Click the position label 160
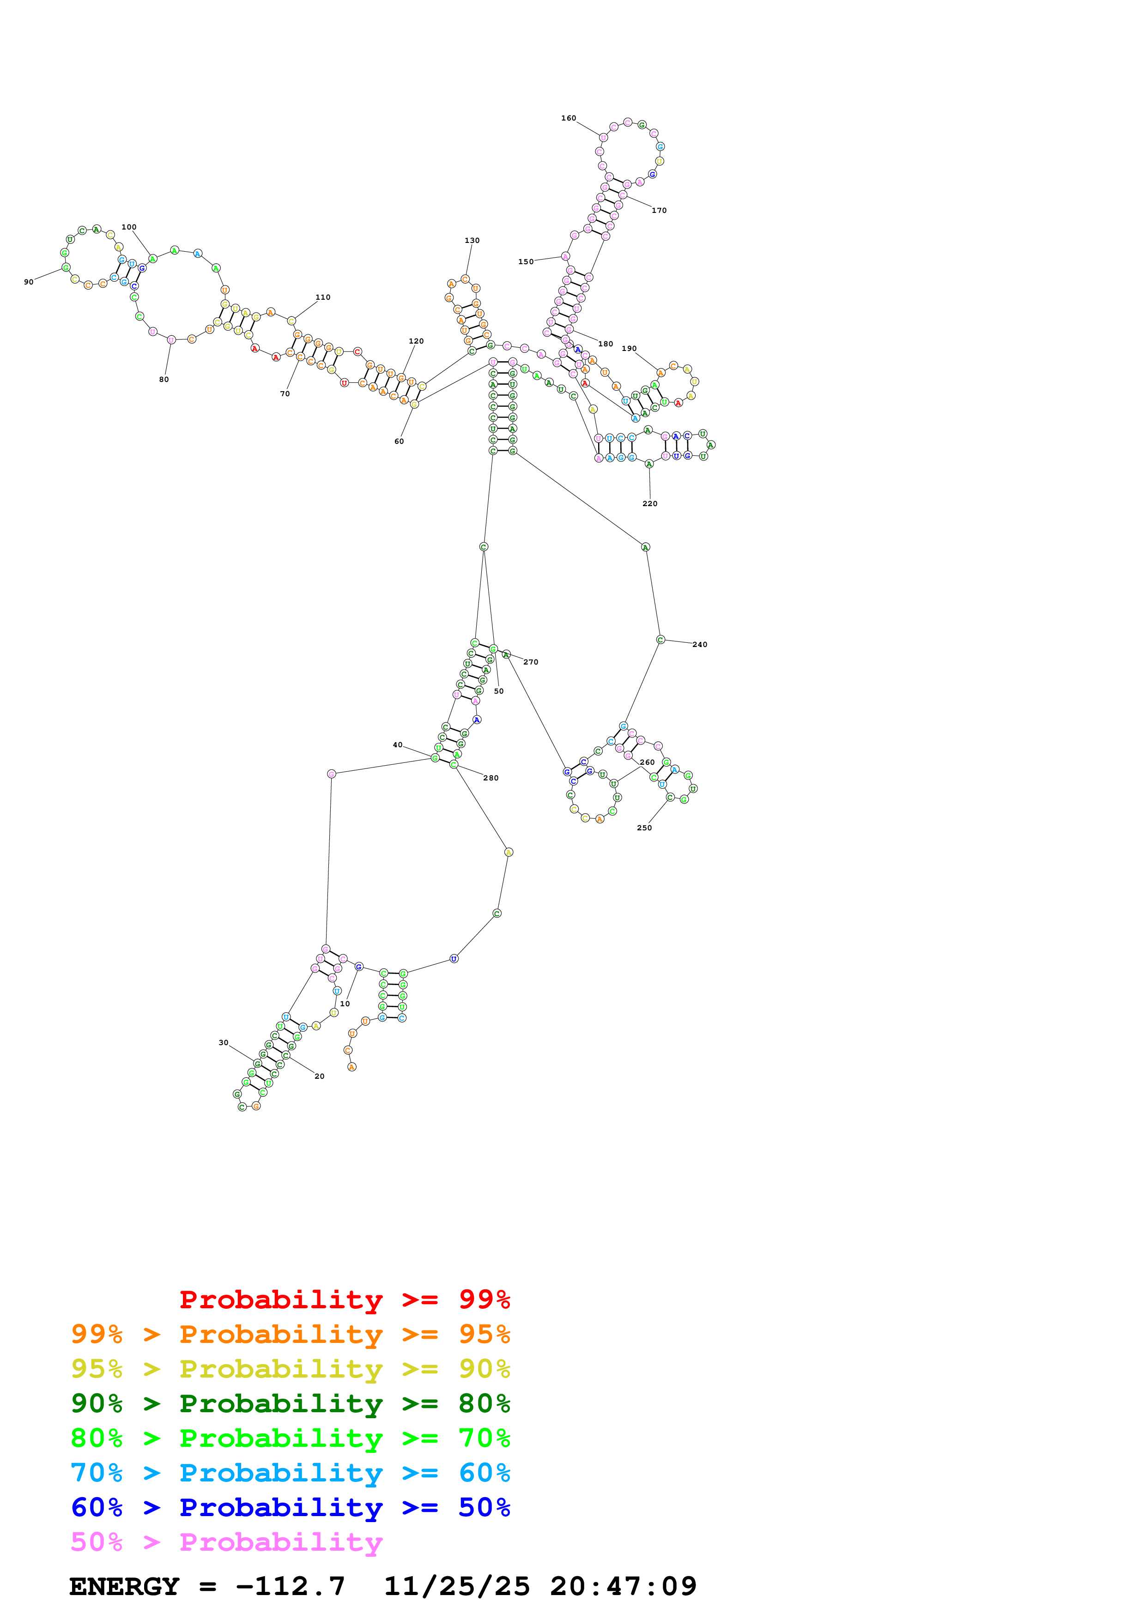[x=568, y=118]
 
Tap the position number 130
[x=472, y=241]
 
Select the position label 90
[x=28, y=282]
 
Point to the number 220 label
[x=650, y=504]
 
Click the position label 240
[x=700, y=645]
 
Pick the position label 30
[x=223, y=1042]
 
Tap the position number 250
[x=644, y=828]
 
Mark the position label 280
[x=491, y=778]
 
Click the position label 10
[x=345, y=1003]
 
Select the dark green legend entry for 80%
[x=290, y=1403]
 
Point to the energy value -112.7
[x=290, y=1586]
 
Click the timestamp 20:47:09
[x=623, y=1586]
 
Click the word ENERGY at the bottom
[x=124, y=1586]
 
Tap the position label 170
[x=659, y=210]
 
